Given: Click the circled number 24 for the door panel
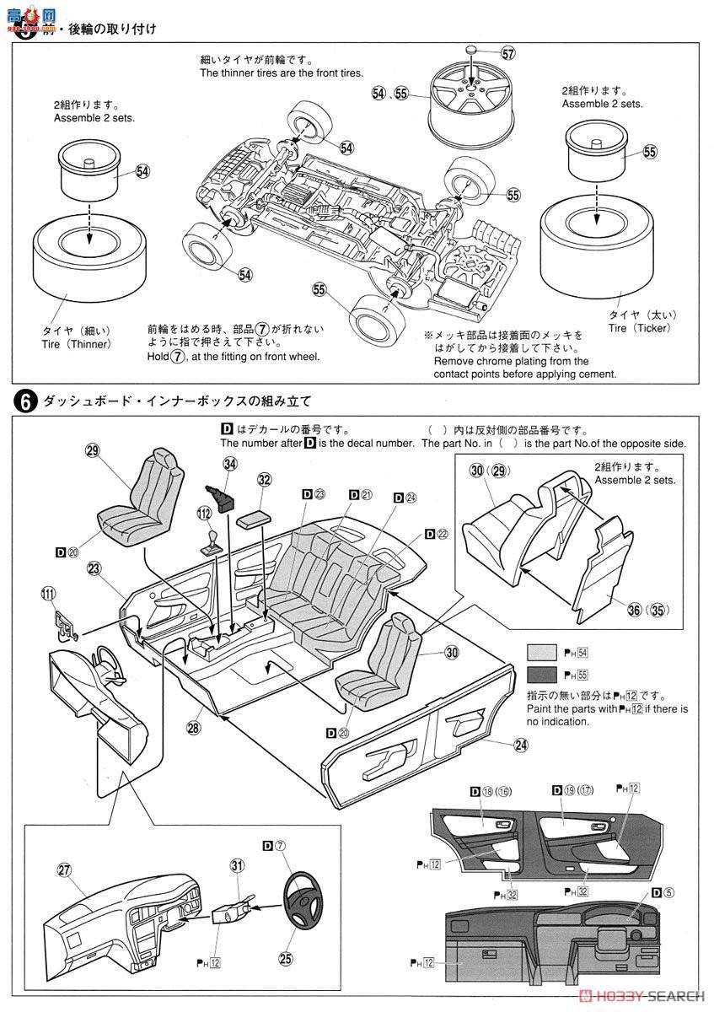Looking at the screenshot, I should [520, 744].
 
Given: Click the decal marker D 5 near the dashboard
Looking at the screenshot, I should [660, 894].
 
